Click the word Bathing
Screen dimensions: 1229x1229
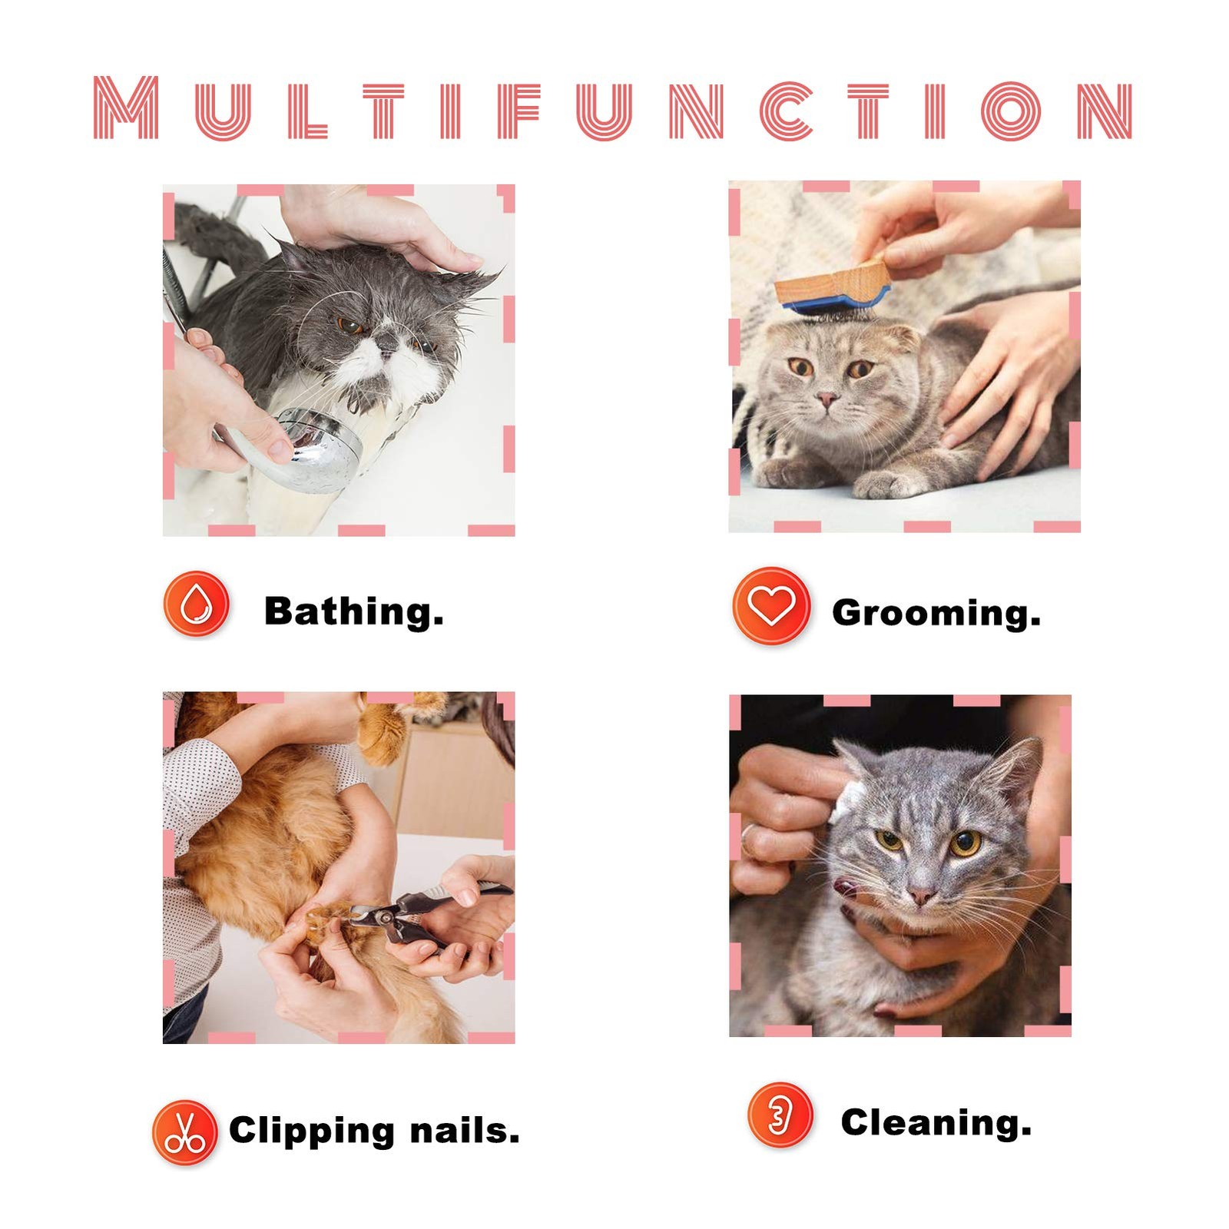pos(354,611)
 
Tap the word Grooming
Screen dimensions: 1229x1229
pos(936,613)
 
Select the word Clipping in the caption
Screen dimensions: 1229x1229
pos(312,1132)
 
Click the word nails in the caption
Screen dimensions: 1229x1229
pos(465,1131)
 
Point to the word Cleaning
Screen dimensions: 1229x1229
pos(936,1123)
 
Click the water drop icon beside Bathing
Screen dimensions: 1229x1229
pos(196,604)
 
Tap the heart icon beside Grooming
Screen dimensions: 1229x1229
pos(771,605)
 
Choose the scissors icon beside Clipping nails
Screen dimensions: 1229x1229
pos(184,1132)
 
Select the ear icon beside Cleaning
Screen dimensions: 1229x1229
pos(780,1115)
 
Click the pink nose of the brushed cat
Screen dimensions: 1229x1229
pos(827,399)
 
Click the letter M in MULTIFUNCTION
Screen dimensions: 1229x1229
pos(126,108)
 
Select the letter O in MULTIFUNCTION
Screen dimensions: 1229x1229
pos(1011,111)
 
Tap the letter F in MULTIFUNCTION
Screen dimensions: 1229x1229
pos(519,111)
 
